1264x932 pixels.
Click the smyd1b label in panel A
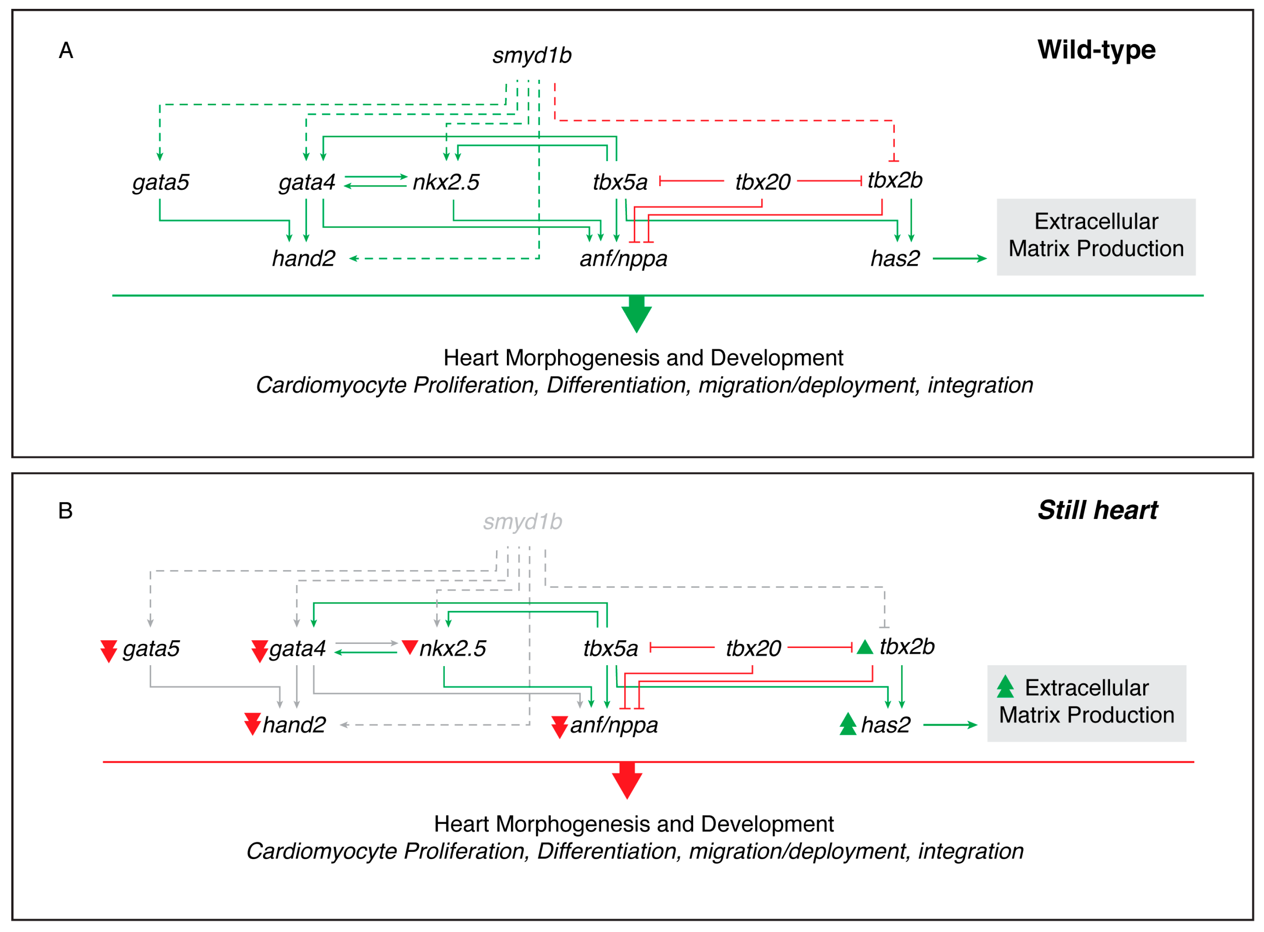tap(531, 55)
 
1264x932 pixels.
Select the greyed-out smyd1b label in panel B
tap(522, 522)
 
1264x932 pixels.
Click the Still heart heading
tap(1097, 510)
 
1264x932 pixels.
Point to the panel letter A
tap(66, 51)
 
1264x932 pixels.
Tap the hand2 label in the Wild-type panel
tap(303, 258)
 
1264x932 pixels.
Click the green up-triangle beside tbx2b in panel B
tap(865, 647)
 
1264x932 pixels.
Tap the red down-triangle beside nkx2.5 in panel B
tap(409, 647)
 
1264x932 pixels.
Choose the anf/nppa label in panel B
tap(614, 725)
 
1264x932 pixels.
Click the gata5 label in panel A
tap(161, 182)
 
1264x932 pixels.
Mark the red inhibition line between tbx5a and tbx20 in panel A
tap(691, 181)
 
